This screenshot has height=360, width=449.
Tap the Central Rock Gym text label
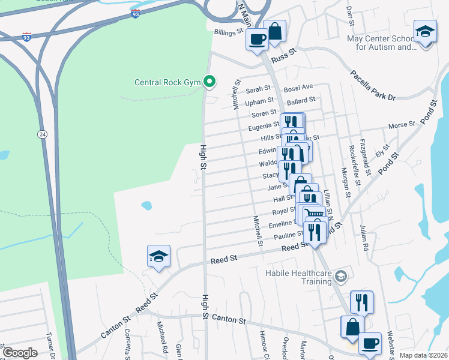(x=167, y=83)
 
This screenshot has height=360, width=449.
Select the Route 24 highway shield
(x=42, y=133)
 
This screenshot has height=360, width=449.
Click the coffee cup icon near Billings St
(x=258, y=40)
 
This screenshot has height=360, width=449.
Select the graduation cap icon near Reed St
(x=158, y=256)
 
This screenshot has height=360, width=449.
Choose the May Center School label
(x=381, y=42)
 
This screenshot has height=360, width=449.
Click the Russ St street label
(x=284, y=59)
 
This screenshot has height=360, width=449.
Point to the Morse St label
(x=402, y=125)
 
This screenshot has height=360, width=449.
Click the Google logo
(x=19, y=352)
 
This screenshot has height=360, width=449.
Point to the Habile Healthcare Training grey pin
(x=341, y=275)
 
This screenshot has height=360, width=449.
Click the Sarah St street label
(x=259, y=91)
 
